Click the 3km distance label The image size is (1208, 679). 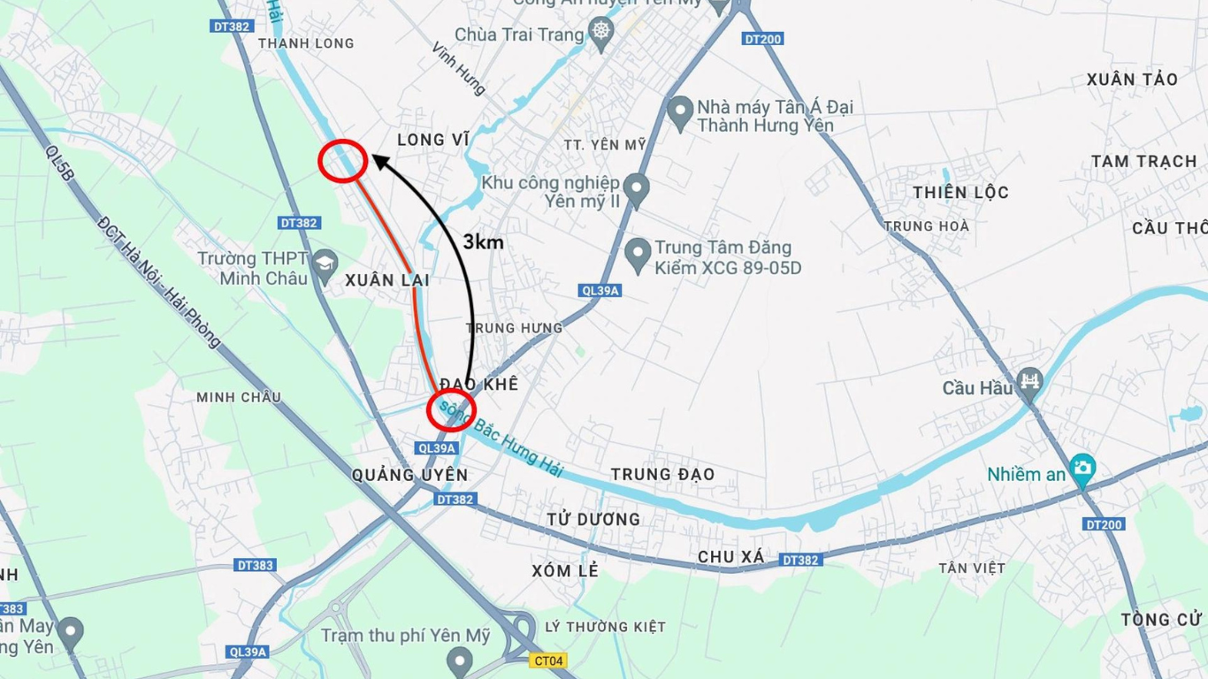(x=483, y=241)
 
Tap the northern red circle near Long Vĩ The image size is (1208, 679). (x=343, y=162)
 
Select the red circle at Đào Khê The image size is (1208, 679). (x=452, y=409)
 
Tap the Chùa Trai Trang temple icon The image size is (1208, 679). (x=601, y=34)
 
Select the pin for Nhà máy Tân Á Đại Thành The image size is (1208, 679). (x=679, y=112)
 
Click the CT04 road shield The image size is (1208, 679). (x=548, y=660)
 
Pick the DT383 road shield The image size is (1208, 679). (x=256, y=565)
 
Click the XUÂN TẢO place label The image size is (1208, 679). (x=1132, y=80)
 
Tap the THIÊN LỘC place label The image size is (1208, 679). (x=960, y=193)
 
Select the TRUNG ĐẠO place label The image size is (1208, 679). (x=662, y=475)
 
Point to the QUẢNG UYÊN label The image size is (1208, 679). (x=409, y=476)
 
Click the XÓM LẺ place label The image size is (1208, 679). (x=565, y=571)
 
